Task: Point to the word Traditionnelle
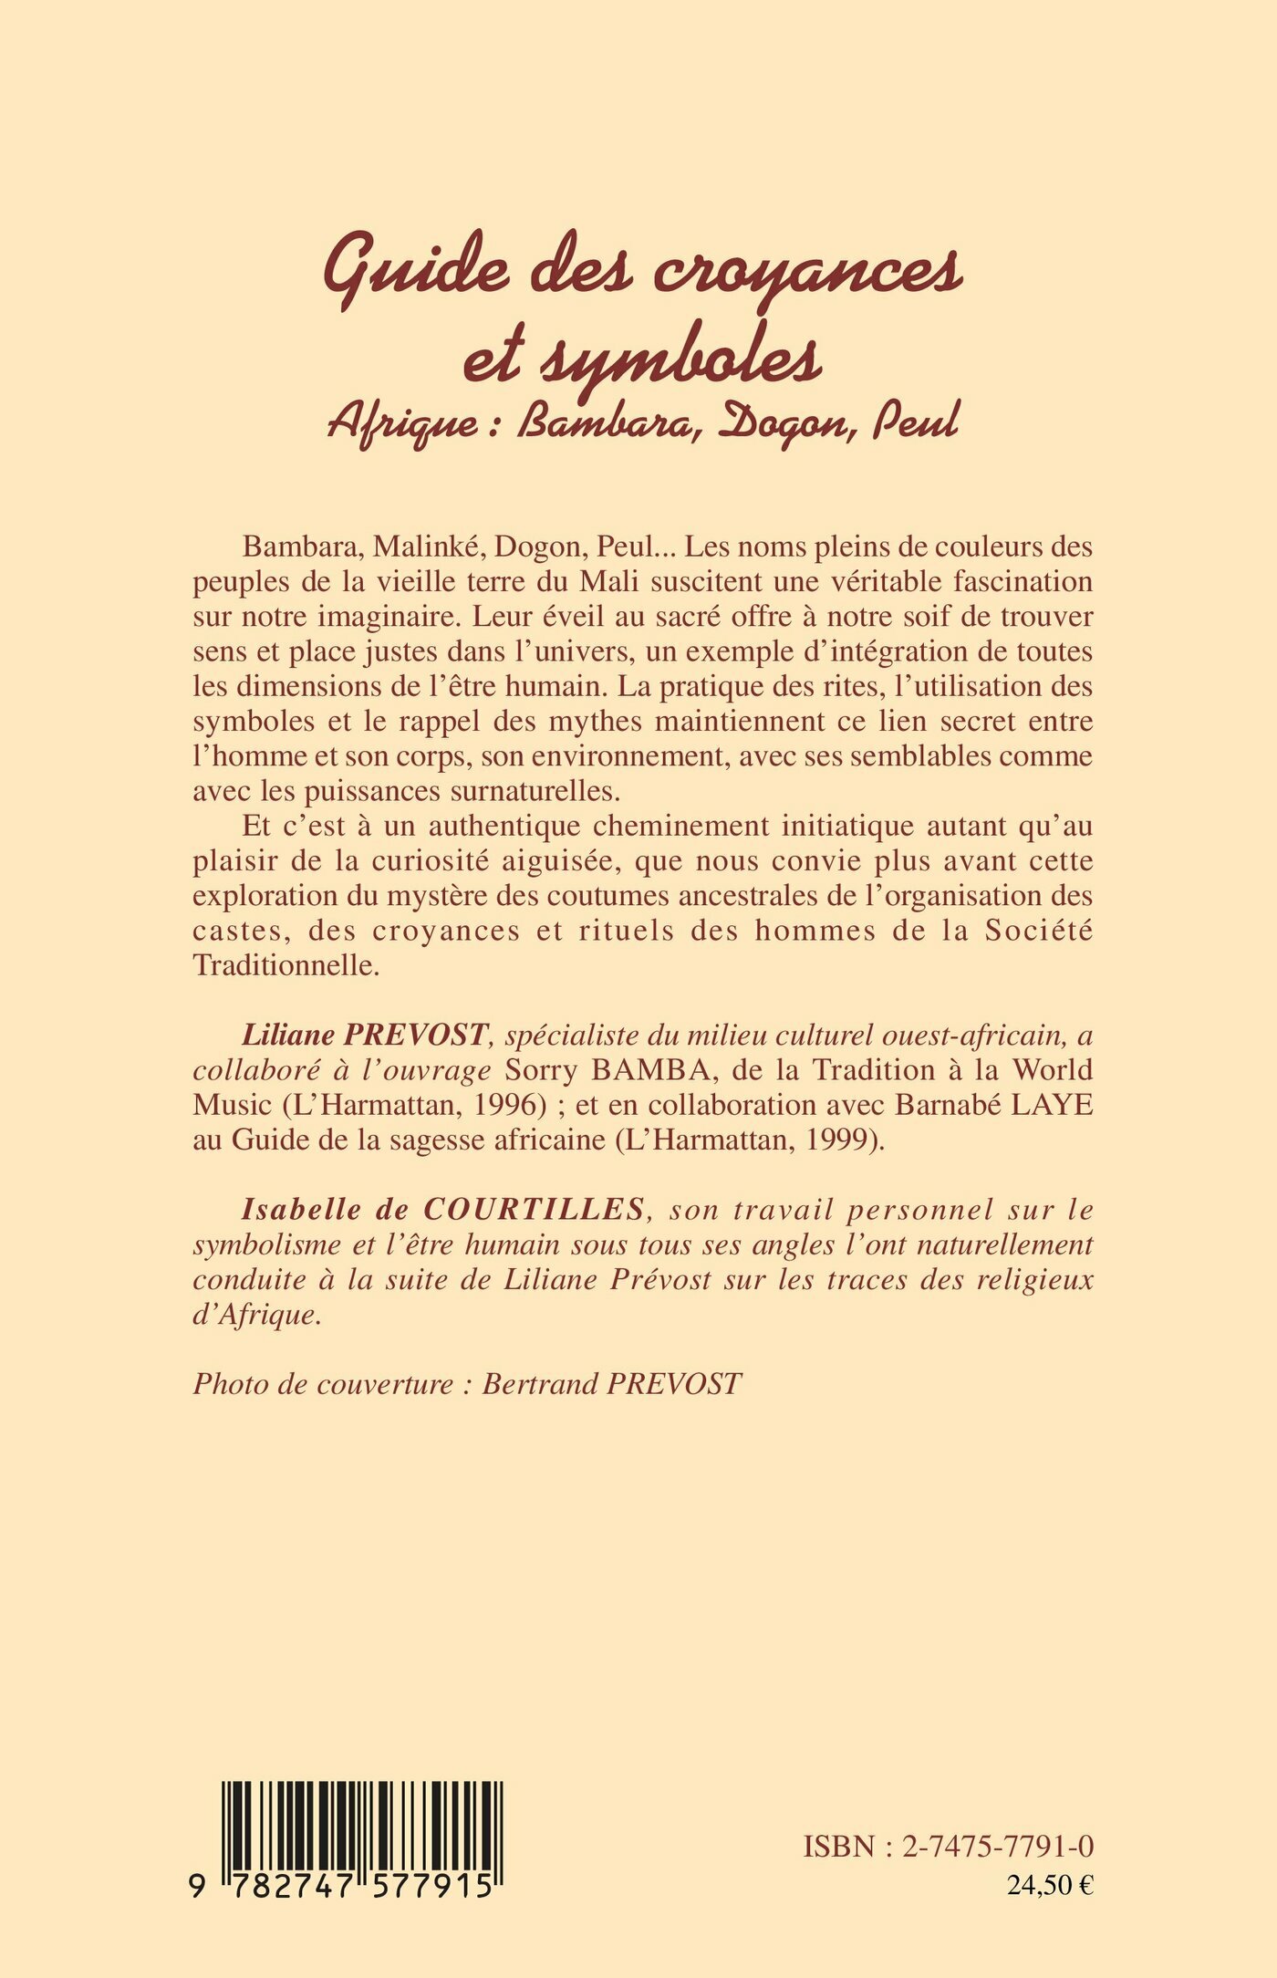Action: pos(286,964)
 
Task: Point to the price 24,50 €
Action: pos(1050,1885)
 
